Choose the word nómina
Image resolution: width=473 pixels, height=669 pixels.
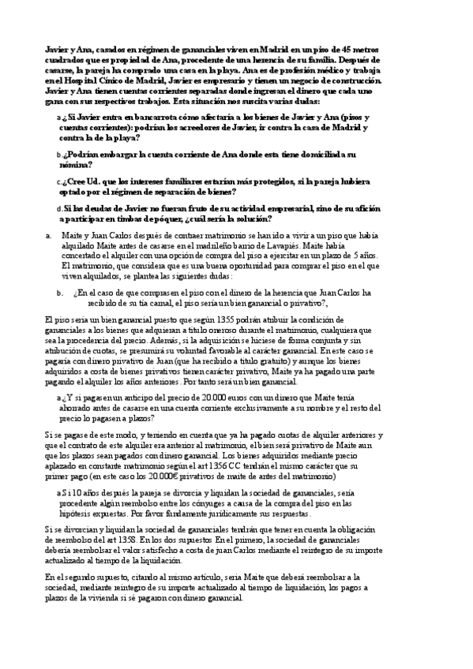tap(75, 165)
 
